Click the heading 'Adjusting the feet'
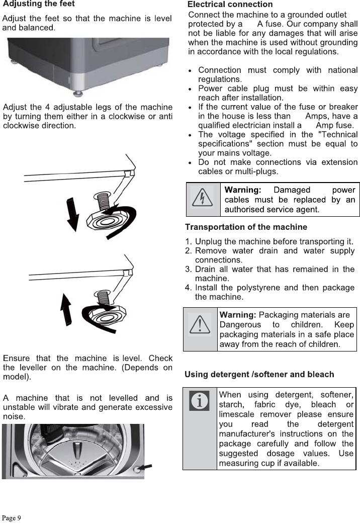pos(39,4)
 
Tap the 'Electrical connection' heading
pos(230,5)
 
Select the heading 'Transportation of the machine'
pos(246,227)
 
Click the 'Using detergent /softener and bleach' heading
pos(259,374)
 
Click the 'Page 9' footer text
pos(12,518)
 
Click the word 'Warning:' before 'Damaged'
pos(242,190)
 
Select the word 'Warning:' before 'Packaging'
pos(238,315)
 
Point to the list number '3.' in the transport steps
pos(189,269)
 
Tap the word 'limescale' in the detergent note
pos(236,414)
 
